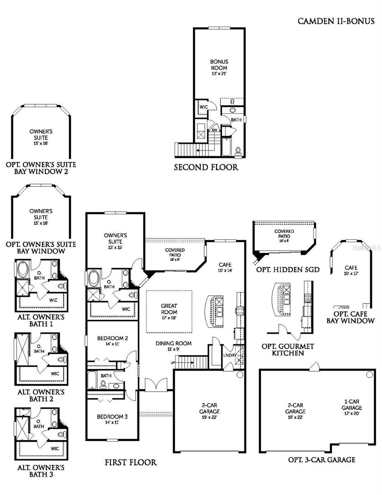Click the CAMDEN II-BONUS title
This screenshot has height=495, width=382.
[336, 21]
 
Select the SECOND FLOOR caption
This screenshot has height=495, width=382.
[206, 167]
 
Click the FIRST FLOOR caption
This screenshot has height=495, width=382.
[131, 462]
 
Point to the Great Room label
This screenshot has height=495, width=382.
[169, 312]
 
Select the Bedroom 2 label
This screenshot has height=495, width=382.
[112, 341]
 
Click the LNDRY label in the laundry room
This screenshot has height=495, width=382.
[229, 355]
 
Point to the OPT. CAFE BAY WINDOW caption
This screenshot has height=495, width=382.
[351, 317]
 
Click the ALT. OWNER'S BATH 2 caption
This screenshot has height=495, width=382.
[40, 395]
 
